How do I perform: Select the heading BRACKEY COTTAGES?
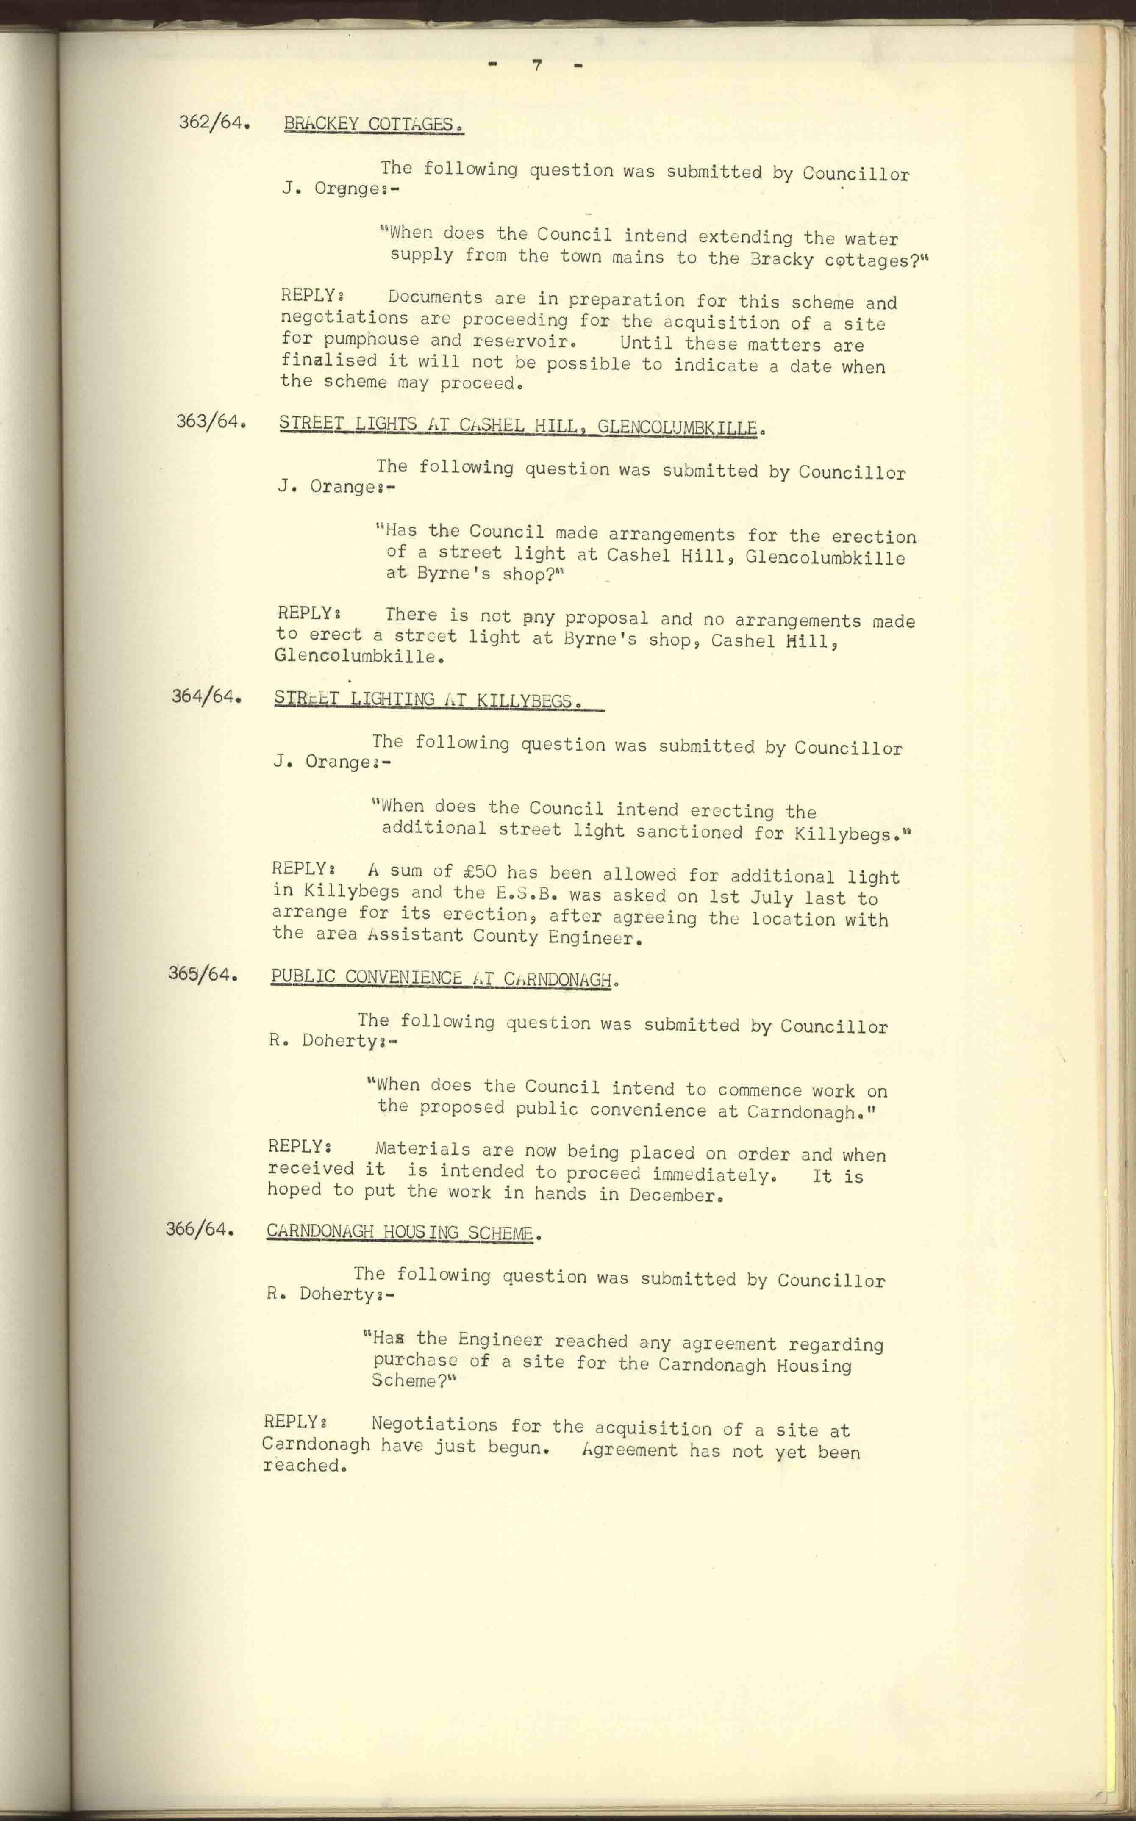point(373,125)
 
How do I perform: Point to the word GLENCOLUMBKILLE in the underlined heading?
point(676,428)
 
